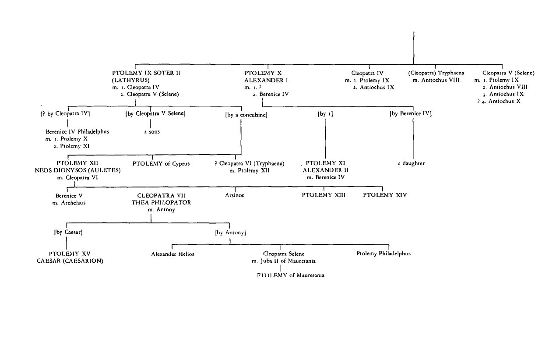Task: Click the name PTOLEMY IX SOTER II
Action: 146,73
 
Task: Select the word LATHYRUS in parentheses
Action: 130,80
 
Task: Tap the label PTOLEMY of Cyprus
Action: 161,163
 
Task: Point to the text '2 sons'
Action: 152,132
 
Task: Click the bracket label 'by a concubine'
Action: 246,115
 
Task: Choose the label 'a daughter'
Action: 411,163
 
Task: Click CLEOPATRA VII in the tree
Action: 161,195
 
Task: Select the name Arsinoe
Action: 235,195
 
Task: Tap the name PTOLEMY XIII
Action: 324,195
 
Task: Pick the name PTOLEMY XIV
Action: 385,195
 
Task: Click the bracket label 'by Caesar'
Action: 68,232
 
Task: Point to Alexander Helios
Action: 172,254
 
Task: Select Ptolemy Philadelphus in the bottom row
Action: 384,254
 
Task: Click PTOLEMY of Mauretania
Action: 291,275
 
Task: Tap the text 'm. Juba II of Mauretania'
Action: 284,261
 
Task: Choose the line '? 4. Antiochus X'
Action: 499,101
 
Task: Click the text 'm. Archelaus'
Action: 69,203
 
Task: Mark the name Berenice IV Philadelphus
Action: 77,132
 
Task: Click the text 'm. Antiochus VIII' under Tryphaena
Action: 436,80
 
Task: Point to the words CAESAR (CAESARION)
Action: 70,261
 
